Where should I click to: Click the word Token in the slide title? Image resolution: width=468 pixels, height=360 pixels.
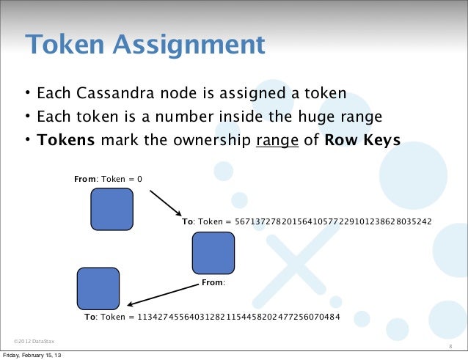(66, 46)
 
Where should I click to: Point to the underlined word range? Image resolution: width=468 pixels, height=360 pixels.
(277, 140)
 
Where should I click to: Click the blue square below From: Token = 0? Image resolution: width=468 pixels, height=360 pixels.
(112, 209)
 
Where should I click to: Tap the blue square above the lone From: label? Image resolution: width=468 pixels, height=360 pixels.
(213, 254)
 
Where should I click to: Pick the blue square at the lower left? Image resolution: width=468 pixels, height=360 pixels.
(98, 288)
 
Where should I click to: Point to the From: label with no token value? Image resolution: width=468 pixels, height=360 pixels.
(213, 282)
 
